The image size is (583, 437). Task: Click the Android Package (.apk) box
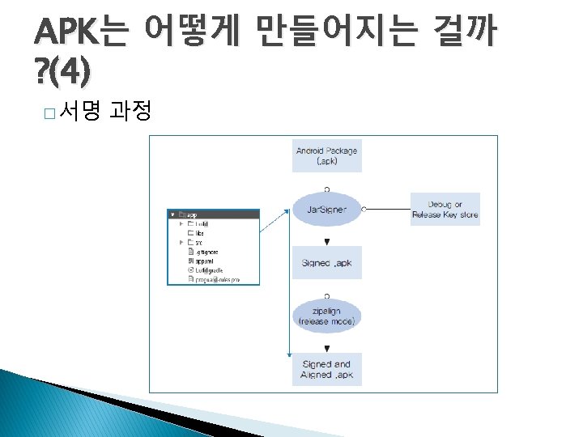pyautogui.click(x=326, y=155)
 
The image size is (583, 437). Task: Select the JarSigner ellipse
pyautogui.click(x=326, y=209)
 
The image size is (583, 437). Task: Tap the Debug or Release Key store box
pyautogui.click(x=445, y=209)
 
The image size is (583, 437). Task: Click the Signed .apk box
pyautogui.click(x=326, y=262)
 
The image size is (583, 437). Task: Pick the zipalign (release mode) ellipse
pyautogui.click(x=326, y=316)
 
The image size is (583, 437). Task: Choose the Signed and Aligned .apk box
pyautogui.click(x=326, y=369)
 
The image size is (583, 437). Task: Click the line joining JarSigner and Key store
pyautogui.click(x=389, y=209)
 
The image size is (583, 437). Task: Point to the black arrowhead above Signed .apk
pyautogui.click(x=326, y=241)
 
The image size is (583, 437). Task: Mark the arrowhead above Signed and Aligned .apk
pyautogui.click(x=326, y=348)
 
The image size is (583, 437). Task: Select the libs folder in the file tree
pyautogui.click(x=199, y=232)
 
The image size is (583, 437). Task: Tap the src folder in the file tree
pyautogui.click(x=199, y=242)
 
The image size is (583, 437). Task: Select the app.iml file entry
pyautogui.click(x=202, y=261)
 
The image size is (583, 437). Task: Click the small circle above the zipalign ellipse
pyautogui.click(x=326, y=295)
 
